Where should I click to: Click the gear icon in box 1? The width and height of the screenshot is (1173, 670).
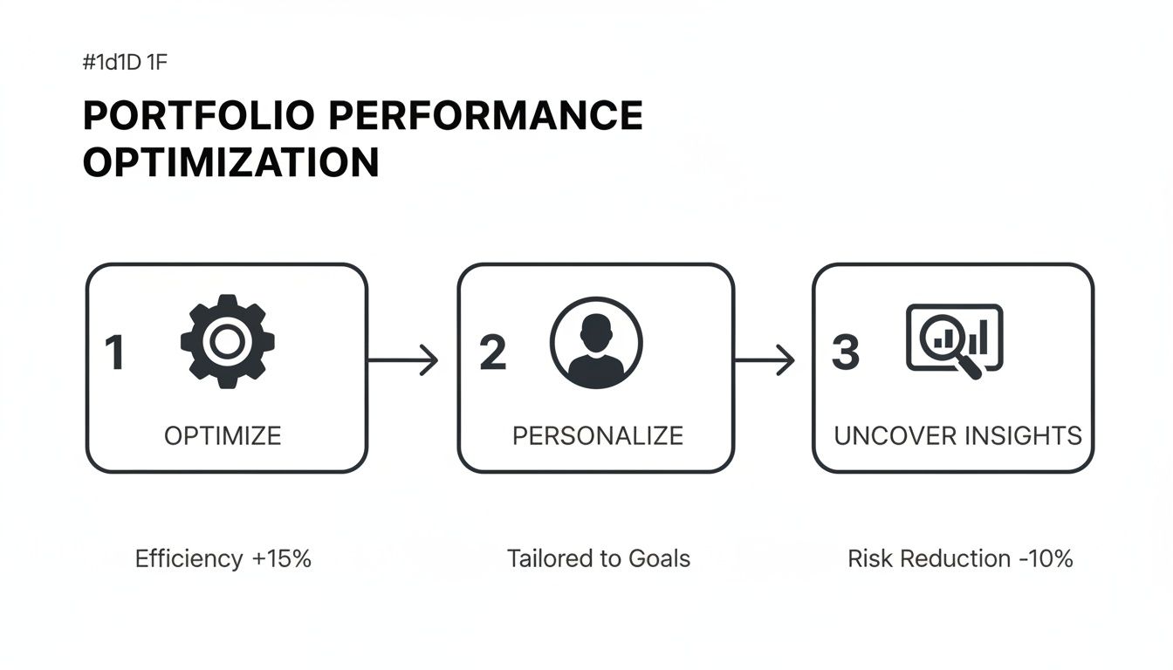(227, 341)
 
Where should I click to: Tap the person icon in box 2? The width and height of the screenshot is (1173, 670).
(596, 343)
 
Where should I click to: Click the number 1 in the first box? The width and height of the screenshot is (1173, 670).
(114, 353)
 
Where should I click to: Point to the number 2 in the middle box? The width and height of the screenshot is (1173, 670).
(493, 352)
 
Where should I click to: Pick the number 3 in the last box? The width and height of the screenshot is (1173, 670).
(846, 352)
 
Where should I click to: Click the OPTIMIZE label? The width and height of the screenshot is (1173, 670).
(223, 435)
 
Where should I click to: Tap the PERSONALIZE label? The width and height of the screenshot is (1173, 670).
(597, 435)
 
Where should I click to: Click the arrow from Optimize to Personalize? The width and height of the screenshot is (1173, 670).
(403, 359)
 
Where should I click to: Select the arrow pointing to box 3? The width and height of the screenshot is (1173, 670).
(765, 359)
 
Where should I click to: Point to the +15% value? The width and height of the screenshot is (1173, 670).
(281, 558)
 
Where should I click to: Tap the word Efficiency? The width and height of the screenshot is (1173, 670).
(189, 558)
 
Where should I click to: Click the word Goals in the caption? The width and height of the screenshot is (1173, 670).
(660, 558)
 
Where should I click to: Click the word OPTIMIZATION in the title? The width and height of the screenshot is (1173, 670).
(230, 163)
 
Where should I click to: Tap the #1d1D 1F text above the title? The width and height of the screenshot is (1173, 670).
(130, 63)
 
